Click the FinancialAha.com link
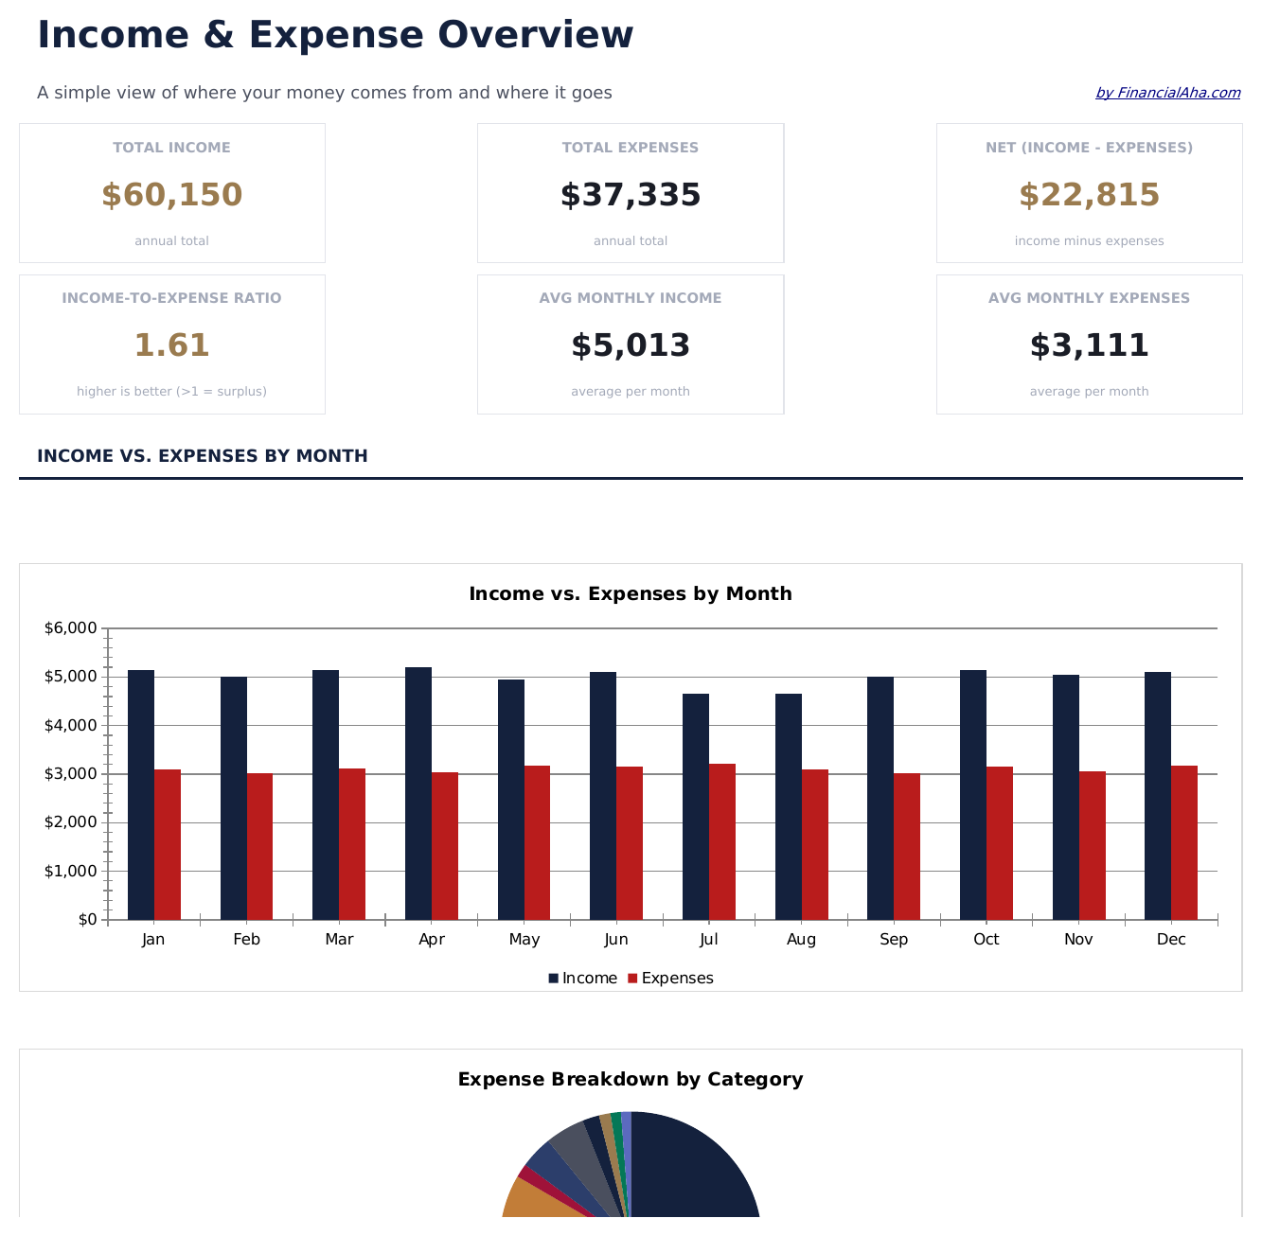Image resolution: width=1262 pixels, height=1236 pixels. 1167,93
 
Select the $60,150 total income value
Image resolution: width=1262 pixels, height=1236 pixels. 171,195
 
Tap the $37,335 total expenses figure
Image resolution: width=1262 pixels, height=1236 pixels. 631,195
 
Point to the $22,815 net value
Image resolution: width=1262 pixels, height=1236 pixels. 1089,195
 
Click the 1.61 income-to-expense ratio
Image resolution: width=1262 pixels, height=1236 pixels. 171,345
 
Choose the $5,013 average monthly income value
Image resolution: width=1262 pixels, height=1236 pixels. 631,345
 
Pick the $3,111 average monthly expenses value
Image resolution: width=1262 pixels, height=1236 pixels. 1089,345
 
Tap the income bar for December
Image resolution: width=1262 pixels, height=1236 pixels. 1158,795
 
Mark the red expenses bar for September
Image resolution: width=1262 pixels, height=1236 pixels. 907,846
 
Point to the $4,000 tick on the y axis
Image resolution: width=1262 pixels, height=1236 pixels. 71,726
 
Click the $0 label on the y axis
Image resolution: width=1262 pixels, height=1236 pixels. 87,920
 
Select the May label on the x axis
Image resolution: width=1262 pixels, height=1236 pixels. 524,940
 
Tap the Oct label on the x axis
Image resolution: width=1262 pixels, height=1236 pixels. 986,940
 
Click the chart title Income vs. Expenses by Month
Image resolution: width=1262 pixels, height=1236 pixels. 631,594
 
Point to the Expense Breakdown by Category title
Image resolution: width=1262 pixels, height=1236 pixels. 631,1080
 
